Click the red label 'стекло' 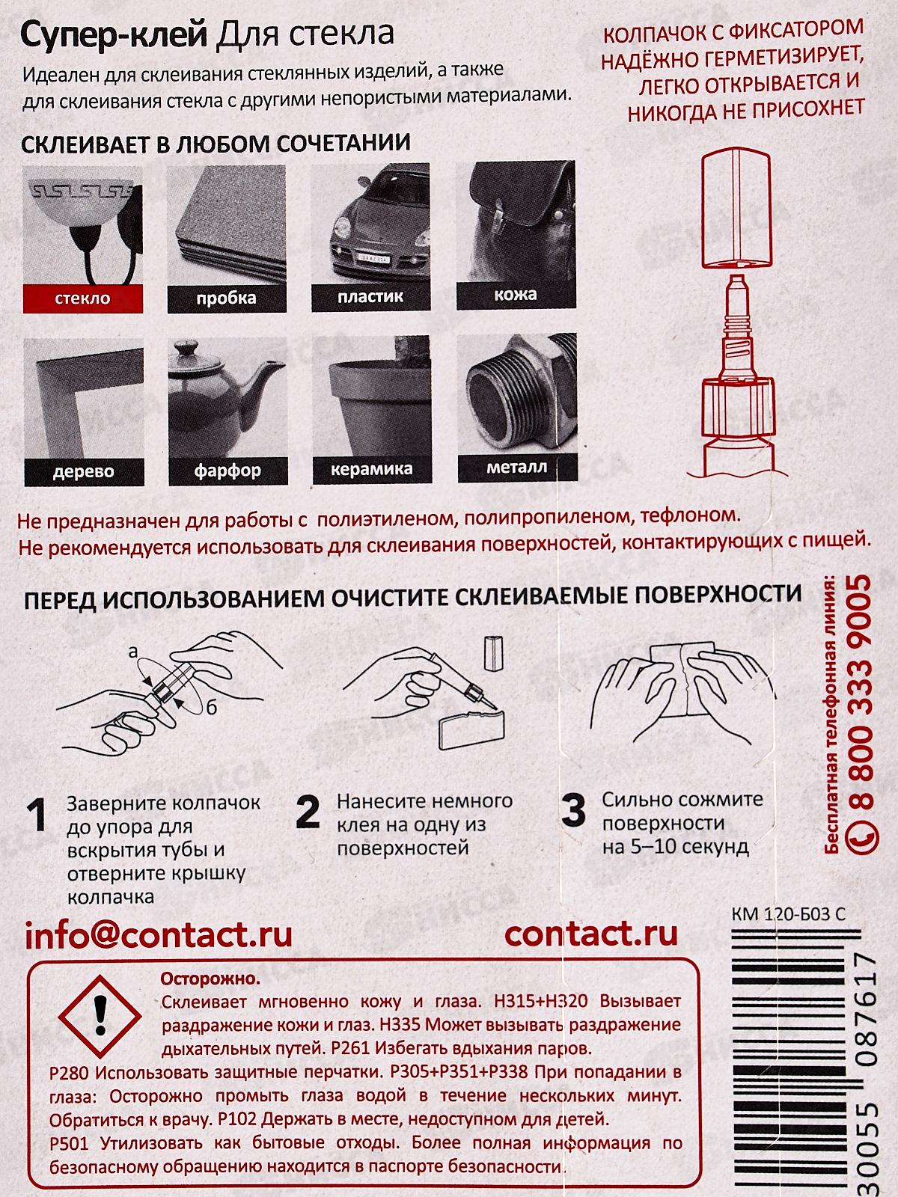click(82, 299)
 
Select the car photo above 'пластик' click(371, 224)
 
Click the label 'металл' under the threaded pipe click(516, 468)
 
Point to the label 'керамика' click(371, 470)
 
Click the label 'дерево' click(82, 471)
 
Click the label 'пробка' click(227, 298)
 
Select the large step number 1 click(37, 816)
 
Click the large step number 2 click(308, 812)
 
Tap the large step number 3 click(573, 811)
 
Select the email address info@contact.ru click(159, 934)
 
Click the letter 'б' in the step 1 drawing click(212, 708)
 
